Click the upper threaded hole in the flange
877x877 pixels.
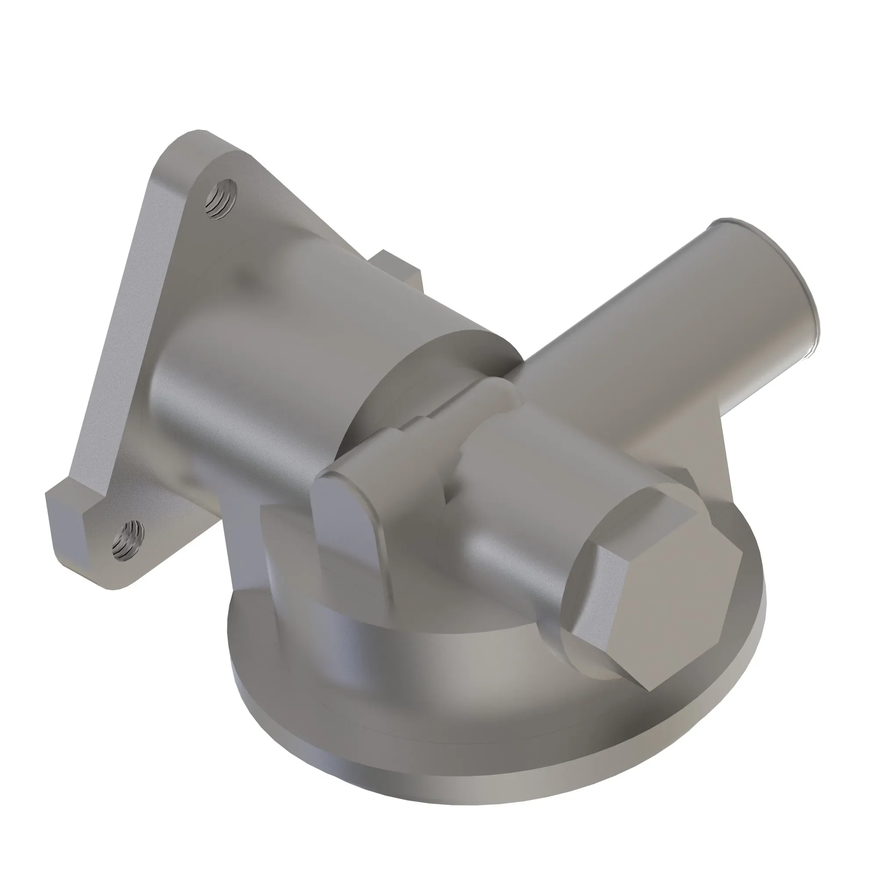(221, 198)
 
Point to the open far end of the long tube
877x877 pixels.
(772, 282)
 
